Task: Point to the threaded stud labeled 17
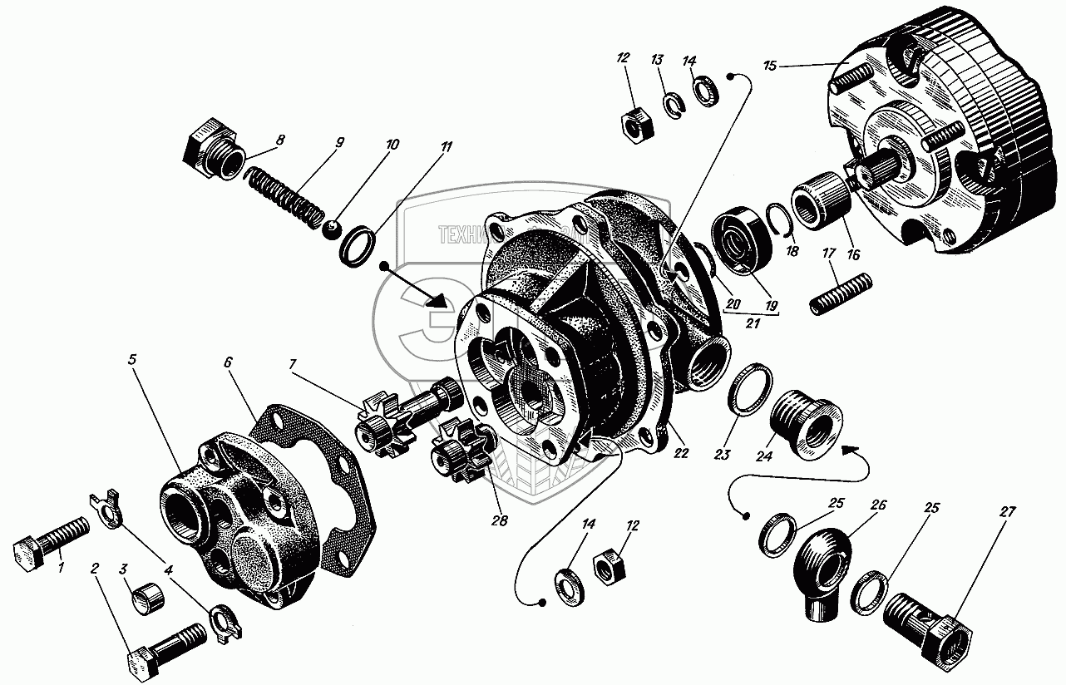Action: coord(840,293)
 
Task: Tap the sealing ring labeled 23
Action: coord(751,387)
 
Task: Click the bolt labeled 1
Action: coord(50,545)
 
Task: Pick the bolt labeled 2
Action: coord(166,649)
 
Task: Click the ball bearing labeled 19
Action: coord(743,240)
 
